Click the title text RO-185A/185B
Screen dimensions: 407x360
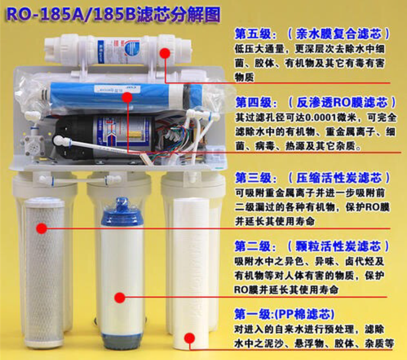tap(71, 14)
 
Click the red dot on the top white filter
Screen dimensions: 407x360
tap(165, 54)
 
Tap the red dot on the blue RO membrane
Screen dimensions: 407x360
tap(127, 98)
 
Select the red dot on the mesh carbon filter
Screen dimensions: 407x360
tap(42, 228)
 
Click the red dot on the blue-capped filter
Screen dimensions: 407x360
tap(120, 298)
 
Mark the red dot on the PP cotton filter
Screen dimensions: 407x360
tap(189, 338)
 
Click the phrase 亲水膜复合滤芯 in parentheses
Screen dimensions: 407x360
tap(339, 34)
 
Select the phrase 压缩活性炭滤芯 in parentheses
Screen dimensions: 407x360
tap(339, 178)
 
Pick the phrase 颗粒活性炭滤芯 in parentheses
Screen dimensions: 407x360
tap(338, 246)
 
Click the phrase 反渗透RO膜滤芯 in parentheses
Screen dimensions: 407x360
tap(342, 103)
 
